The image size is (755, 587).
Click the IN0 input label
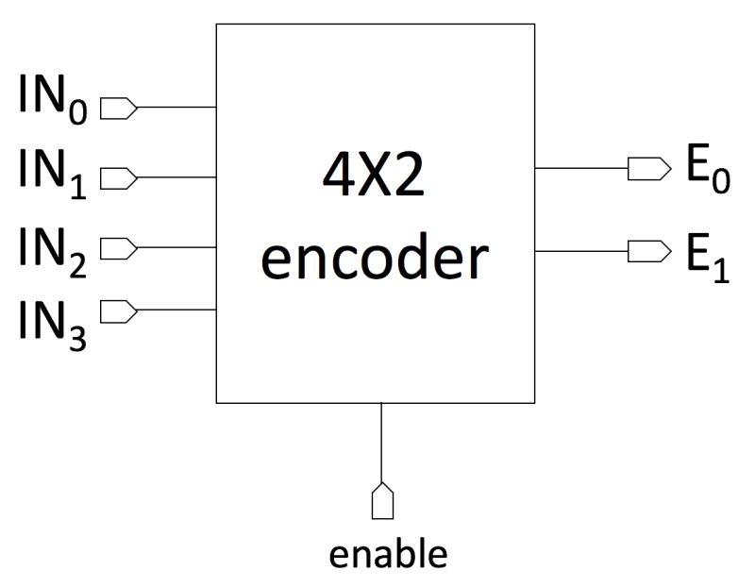[53, 98]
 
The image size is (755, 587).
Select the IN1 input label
[53, 170]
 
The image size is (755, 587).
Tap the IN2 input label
[53, 249]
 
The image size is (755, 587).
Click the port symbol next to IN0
[118, 107]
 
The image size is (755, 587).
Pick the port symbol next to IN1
[118, 176]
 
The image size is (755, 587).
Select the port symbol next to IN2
[118, 248]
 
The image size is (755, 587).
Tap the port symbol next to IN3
[118, 310]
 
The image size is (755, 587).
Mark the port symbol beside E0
[644, 168]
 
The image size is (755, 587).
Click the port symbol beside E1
[644, 251]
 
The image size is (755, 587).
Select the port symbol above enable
[381, 500]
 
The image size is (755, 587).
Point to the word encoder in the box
[374, 259]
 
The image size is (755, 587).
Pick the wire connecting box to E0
[580, 168]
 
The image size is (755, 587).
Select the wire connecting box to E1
[580, 251]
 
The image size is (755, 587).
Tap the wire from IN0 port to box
[177, 107]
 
